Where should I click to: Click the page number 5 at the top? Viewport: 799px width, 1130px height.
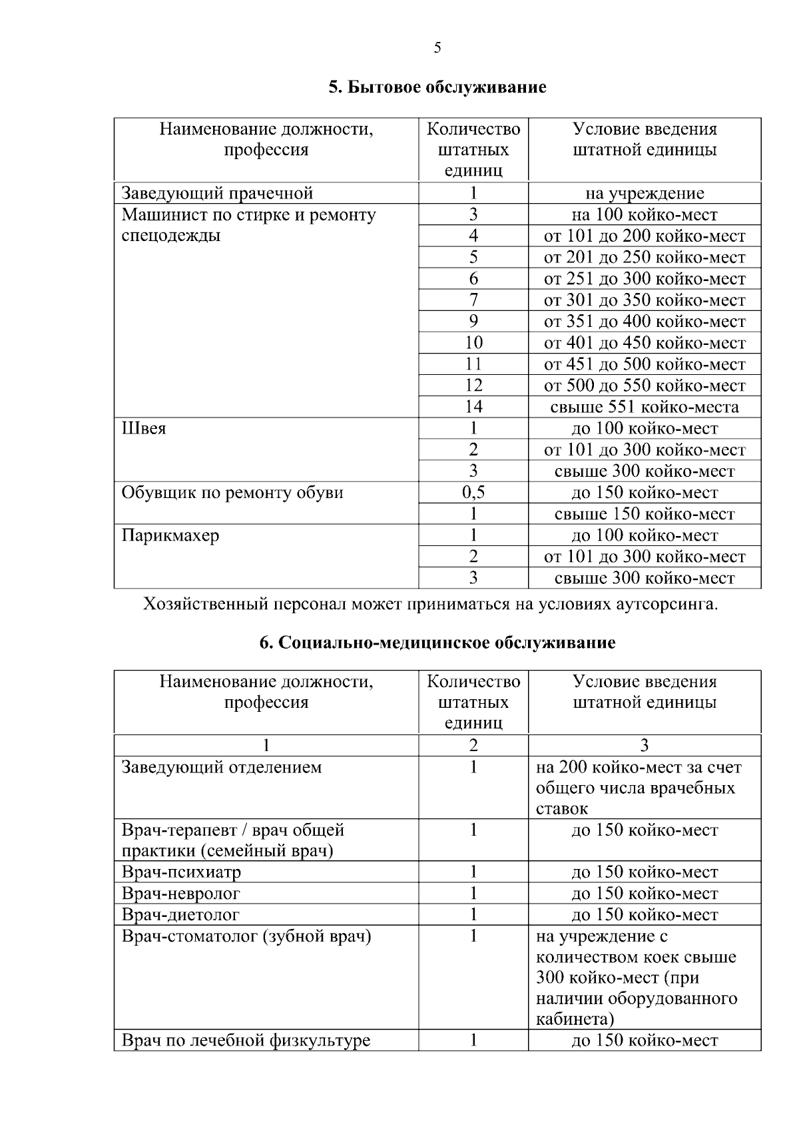click(x=437, y=47)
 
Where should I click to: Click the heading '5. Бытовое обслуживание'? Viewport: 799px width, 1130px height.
click(x=437, y=87)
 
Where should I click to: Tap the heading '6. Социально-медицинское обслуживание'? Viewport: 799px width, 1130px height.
click(x=437, y=643)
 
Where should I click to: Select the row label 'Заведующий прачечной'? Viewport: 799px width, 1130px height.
click(x=217, y=194)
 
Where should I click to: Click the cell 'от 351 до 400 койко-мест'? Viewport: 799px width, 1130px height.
click(x=645, y=322)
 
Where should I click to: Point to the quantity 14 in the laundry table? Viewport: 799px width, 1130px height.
click(x=473, y=407)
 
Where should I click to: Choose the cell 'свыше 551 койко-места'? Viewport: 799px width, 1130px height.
click(x=645, y=407)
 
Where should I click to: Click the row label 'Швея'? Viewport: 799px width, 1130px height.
click(x=144, y=428)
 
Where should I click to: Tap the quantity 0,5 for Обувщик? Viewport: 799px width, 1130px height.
click(x=473, y=493)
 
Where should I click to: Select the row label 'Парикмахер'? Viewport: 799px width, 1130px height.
click(x=170, y=535)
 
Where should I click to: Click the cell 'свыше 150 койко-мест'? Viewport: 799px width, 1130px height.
click(x=645, y=514)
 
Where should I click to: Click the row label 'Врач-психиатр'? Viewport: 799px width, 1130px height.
click(x=181, y=872)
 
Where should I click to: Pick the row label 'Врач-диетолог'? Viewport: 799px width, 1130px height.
click(x=180, y=914)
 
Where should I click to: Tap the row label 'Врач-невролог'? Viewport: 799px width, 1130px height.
click(x=180, y=893)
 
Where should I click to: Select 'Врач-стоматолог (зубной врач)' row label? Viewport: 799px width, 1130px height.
click(x=246, y=936)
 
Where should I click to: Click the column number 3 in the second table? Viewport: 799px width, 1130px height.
click(x=644, y=746)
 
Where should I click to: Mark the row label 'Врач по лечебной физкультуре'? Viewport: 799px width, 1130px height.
click(x=246, y=1040)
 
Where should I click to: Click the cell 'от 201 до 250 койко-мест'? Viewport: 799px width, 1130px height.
click(x=645, y=258)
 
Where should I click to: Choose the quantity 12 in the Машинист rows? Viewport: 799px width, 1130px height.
click(x=473, y=386)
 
